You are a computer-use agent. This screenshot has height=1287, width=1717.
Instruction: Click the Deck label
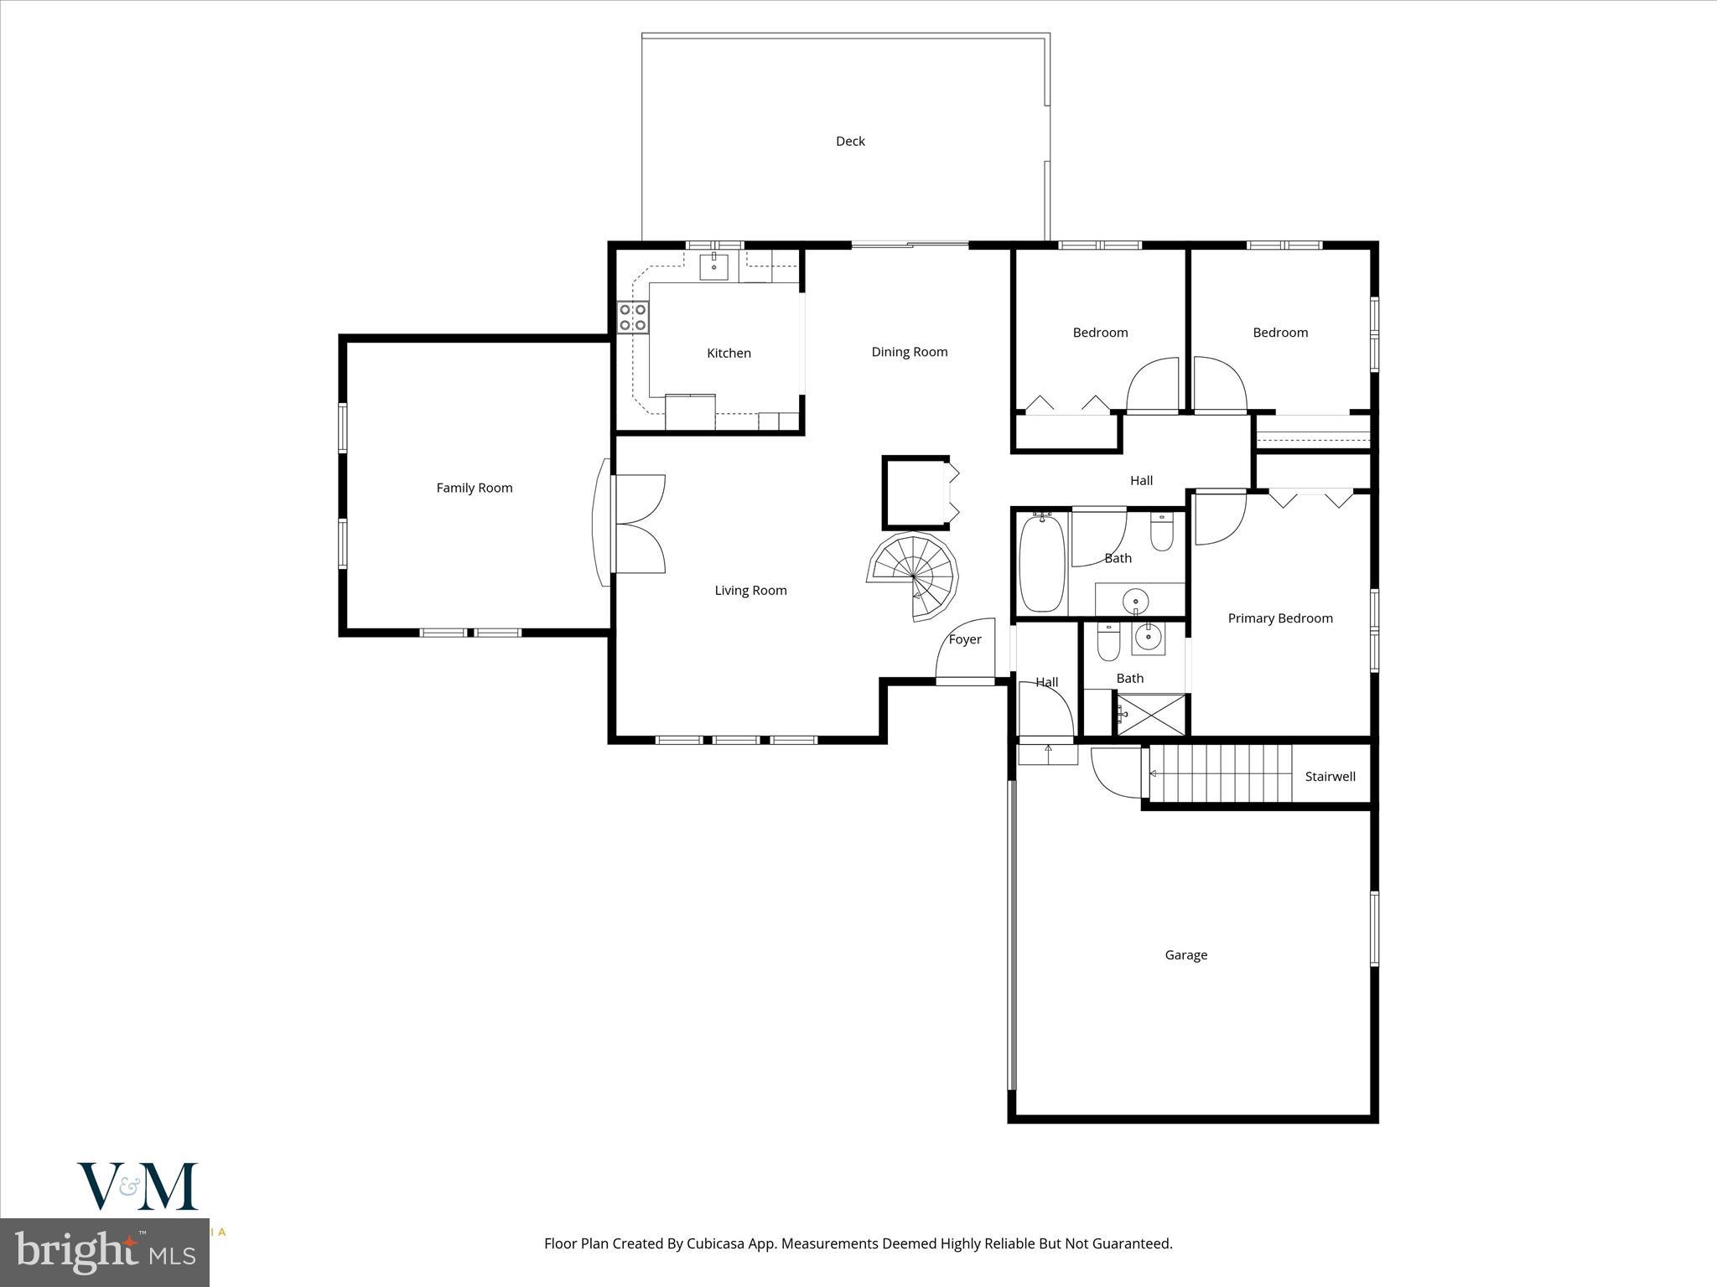pyautogui.click(x=849, y=141)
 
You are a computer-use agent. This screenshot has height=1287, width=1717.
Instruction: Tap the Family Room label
pyautogui.click(x=474, y=488)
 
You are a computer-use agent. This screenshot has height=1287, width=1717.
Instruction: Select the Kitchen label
pyautogui.click(x=729, y=353)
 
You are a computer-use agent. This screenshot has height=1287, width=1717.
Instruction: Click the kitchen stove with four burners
pyautogui.click(x=632, y=318)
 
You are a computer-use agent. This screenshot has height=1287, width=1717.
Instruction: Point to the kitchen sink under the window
pyautogui.click(x=714, y=266)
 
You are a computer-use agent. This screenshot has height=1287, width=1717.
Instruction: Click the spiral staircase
pyautogui.click(x=913, y=576)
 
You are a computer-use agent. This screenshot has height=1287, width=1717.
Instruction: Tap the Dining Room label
pyautogui.click(x=909, y=352)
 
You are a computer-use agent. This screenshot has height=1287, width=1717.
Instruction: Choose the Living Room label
pyautogui.click(x=750, y=591)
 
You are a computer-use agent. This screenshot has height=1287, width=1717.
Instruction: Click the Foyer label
pyautogui.click(x=964, y=639)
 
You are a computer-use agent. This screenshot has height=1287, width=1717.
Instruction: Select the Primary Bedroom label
pyautogui.click(x=1279, y=618)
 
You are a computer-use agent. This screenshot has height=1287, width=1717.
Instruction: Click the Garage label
pyautogui.click(x=1185, y=955)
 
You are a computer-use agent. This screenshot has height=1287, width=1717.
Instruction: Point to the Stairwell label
pyautogui.click(x=1330, y=777)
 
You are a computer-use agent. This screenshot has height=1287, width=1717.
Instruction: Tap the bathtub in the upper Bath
pyautogui.click(x=1041, y=563)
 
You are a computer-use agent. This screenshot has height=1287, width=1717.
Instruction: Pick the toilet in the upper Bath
pyautogui.click(x=1161, y=531)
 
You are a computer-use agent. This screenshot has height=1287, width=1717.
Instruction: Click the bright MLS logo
pyautogui.click(x=104, y=1252)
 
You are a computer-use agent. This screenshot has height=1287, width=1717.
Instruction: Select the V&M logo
pyautogui.click(x=137, y=1186)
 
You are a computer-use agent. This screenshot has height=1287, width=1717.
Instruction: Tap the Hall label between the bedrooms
pyautogui.click(x=1141, y=480)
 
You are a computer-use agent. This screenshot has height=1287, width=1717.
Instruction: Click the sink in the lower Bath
pyautogui.click(x=1148, y=638)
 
